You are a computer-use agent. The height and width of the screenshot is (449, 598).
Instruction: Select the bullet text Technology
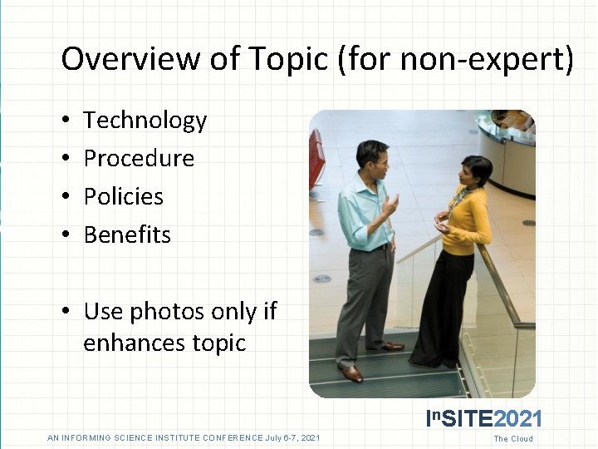[x=145, y=121]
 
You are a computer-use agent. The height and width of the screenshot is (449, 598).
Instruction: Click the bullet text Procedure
[x=139, y=159]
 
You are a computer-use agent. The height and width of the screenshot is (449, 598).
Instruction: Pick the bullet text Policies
[x=124, y=197]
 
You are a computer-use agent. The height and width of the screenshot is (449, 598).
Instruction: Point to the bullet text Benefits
[x=127, y=235]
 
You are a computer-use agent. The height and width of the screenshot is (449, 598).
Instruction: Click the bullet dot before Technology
[x=66, y=121]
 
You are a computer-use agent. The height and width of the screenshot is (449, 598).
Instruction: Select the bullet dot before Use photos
[x=66, y=313]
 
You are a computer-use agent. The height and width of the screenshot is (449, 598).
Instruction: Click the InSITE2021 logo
[x=483, y=418]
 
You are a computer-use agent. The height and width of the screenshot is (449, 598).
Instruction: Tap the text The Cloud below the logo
[x=513, y=439]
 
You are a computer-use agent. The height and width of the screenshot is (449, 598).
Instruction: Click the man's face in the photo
[x=371, y=158]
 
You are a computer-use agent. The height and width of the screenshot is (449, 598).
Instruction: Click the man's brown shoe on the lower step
[x=352, y=373]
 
